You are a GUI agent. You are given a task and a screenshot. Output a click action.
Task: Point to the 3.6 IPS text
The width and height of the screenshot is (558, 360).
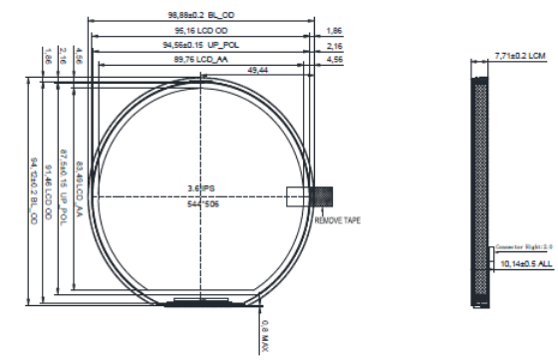[x=200, y=186]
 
